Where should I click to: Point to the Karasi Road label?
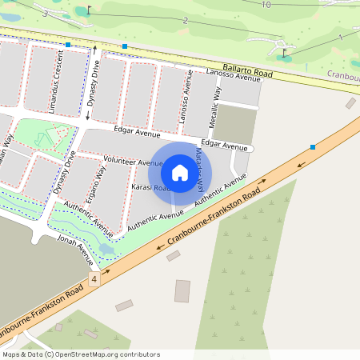(150, 188)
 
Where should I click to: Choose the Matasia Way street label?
(199, 170)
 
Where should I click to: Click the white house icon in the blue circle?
(180, 172)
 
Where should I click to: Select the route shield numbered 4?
(94, 279)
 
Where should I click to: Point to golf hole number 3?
(46, 14)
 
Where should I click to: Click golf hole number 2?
(186, 20)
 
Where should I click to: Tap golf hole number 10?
(266, 5)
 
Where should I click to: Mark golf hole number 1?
(341, 38)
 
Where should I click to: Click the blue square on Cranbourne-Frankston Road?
(312, 147)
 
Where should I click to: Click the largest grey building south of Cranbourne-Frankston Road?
(182, 290)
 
